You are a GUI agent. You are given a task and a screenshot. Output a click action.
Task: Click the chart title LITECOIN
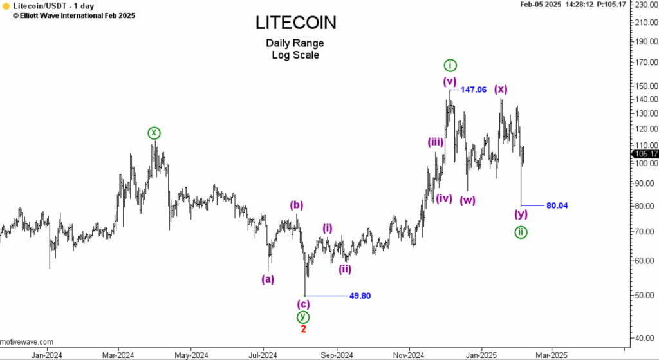point(295,23)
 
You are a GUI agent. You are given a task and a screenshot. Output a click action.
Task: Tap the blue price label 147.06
point(473,90)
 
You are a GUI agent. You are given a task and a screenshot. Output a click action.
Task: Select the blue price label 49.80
point(360,296)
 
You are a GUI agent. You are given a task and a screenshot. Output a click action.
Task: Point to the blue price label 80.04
point(557,205)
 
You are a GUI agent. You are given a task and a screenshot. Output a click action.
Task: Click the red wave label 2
point(303,329)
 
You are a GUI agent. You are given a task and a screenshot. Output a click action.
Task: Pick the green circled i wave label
point(450,65)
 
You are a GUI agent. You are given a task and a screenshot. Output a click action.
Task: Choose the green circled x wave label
point(153,133)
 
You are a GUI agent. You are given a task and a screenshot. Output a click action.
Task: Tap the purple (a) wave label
point(268,279)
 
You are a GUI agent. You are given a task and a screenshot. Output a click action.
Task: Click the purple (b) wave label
point(296,205)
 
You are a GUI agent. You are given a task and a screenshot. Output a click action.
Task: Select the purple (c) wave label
point(303,304)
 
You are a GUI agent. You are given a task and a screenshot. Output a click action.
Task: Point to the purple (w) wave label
point(468,200)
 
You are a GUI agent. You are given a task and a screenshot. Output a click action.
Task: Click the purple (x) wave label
point(501,89)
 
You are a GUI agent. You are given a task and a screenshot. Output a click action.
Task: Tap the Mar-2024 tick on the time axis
point(118,354)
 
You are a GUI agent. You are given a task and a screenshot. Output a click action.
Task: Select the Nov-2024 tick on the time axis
point(408,354)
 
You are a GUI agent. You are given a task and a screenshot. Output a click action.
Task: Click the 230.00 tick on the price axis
point(645,5)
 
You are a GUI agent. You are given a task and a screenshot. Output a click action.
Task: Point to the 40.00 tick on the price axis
point(644,337)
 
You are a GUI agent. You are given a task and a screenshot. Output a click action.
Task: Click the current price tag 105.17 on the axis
point(645,154)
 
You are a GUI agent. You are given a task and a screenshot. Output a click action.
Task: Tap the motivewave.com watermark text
point(27,342)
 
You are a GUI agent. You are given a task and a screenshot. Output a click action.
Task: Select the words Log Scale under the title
point(295,55)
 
